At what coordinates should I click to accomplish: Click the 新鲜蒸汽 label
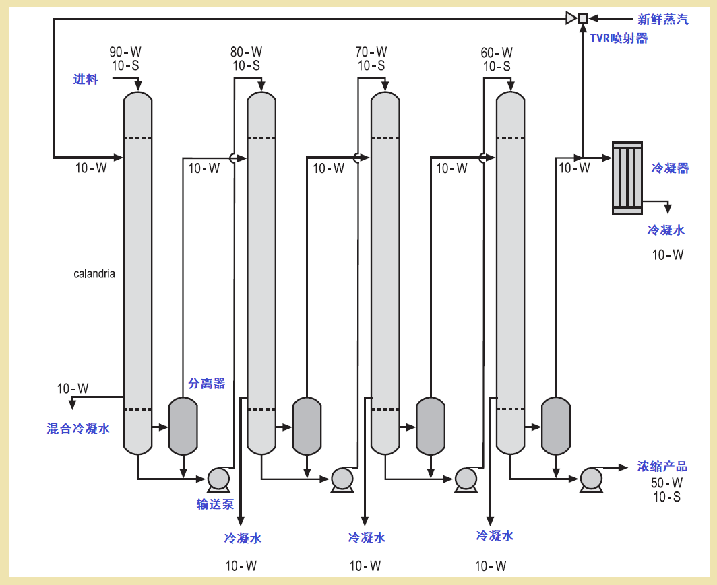[x=663, y=20]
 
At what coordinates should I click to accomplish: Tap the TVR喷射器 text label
[x=619, y=38]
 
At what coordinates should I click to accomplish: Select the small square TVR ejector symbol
[x=584, y=18]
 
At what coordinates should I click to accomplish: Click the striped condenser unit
[x=627, y=178]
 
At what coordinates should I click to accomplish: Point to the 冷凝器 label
[x=670, y=168]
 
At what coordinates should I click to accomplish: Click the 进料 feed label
[x=86, y=79]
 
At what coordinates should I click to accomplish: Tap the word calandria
[x=94, y=273]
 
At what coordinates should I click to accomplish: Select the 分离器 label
[x=206, y=384]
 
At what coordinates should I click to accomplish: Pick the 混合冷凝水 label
[x=78, y=428]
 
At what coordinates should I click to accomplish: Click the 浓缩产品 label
[x=662, y=467]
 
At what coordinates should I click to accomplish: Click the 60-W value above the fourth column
[x=497, y=53]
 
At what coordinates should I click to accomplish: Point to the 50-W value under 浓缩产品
[x=666, y=483]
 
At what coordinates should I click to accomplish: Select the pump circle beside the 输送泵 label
[x=218, y=478]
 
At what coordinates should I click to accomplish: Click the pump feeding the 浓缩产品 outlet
[x=591, y=478]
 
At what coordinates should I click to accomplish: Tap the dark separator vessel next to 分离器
[x=182, y=425]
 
